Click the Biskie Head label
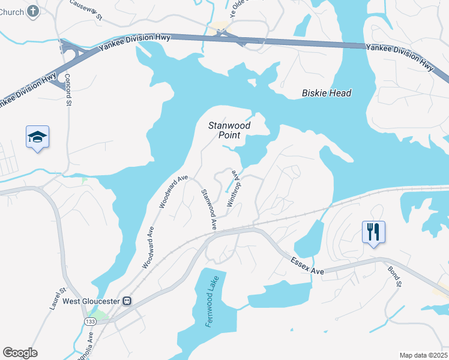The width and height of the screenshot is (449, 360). click(x=326, y=93)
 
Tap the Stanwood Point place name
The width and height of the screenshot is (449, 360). click(x=229, y=130)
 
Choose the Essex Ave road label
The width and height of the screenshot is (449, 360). click(x=307, y=267)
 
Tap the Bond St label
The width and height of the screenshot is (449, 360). click(x=394, y=276)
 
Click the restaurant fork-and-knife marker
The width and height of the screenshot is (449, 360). click(x=373, y=231)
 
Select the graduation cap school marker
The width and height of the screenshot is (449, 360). click(x=37, y=137)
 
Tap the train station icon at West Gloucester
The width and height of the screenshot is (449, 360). click(x=127, y=301)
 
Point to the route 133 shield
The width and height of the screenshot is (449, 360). click(x=90, y=322)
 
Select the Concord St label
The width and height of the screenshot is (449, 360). click(x=68, y=90)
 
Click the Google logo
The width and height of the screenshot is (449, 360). click(x=20, y=353)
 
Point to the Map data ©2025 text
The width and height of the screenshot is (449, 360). click(x=423, y=355)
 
